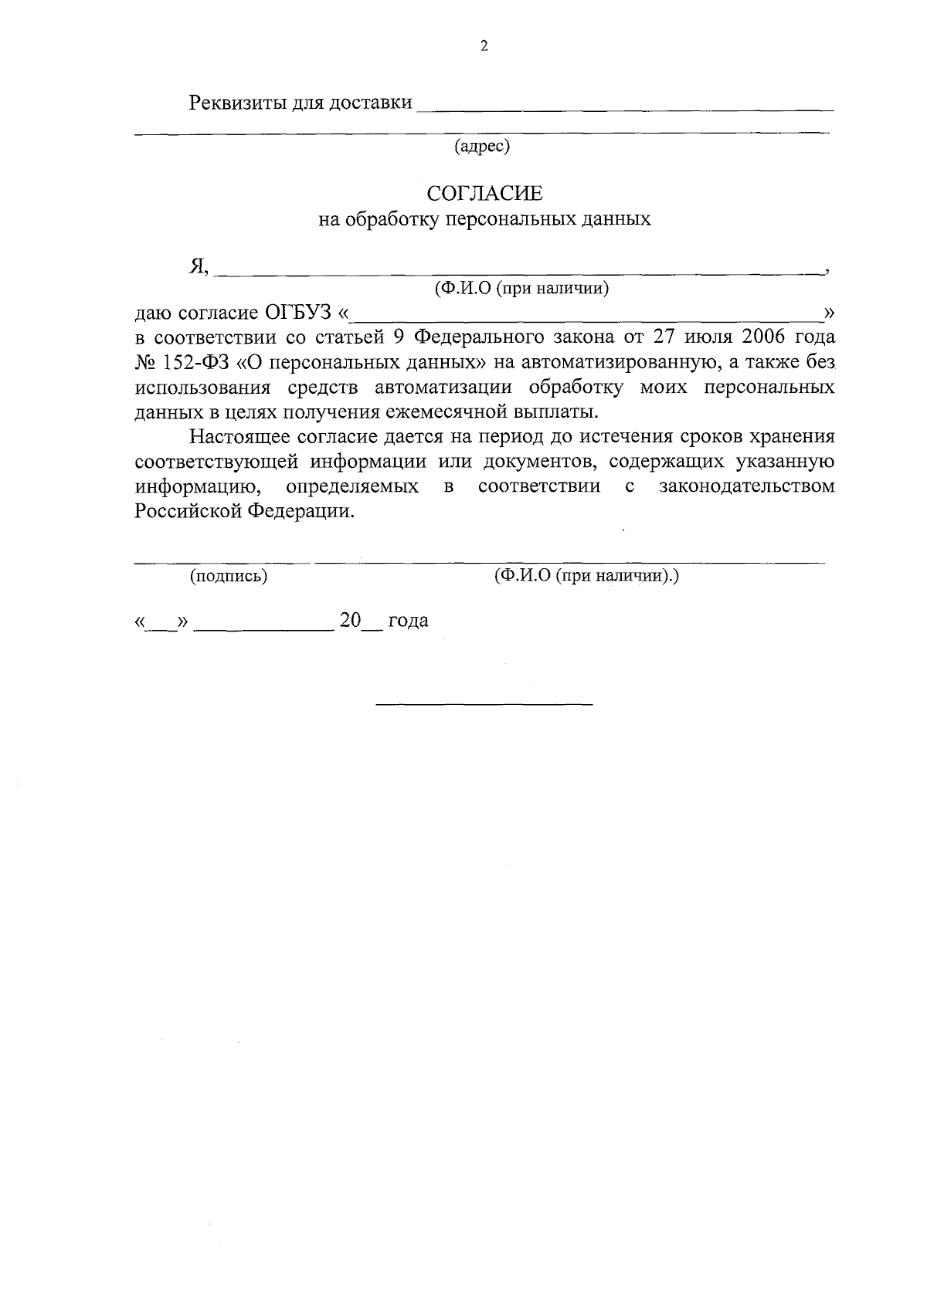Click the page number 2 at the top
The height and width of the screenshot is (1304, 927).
tap(484, 46)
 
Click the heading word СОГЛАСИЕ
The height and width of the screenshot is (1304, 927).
tap(485, 192)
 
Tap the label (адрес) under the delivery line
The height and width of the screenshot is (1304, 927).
tap(482, 145)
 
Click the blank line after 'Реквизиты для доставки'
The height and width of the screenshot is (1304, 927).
tap(624, 108)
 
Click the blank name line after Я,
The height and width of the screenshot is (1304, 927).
tap(518, 272)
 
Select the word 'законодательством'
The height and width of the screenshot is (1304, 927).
tap(746, 486)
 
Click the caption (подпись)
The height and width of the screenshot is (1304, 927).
tap(229, 576)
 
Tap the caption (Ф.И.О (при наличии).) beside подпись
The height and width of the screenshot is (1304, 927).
tap(586, 576)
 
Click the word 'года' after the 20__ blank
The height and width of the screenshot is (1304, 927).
tap(408, 621)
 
